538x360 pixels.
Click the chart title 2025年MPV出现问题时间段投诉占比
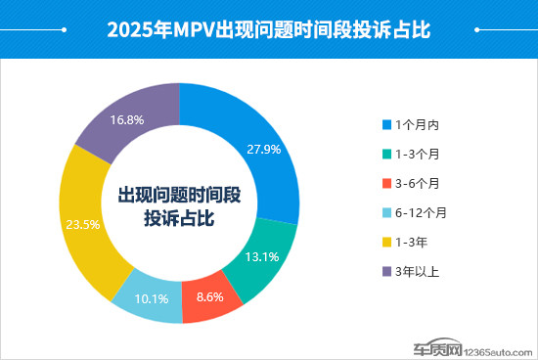268,28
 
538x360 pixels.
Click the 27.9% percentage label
263,150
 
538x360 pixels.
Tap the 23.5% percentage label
81,224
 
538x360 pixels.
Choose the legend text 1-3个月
419,155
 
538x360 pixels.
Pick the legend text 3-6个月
419,184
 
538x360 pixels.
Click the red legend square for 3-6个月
386,184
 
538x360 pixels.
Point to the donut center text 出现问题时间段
180,195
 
